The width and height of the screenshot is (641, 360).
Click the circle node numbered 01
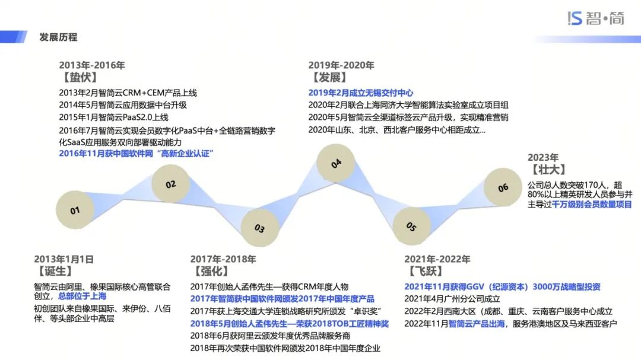(x=75, y=210)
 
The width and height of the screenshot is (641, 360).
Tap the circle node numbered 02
(x=170, y=184)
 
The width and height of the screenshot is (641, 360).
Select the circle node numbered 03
(x=259, y=228)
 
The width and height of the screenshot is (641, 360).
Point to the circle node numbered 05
(x=411, y=226)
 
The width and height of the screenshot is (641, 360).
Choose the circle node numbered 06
(x=503, y=187)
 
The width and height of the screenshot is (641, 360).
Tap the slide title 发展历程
(x=58, y=37)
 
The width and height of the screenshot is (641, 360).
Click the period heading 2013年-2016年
(x=92, y=65)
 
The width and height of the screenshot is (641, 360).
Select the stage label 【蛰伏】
(x=79, y=78)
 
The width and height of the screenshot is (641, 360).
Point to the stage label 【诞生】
(x=55, y=272)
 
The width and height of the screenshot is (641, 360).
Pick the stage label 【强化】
(x=211, y=272)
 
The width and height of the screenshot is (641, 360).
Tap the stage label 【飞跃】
(x=425, y=272)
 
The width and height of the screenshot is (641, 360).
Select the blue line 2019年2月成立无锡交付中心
(x=360, y=93)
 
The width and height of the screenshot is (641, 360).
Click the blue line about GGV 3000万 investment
(x=502, y=287)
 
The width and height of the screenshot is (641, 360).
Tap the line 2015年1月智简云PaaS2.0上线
(x=113, y=117)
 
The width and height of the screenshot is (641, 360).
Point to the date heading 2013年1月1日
(x=64, y=259)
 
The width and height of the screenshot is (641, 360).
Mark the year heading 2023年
(x=543, y=158)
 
